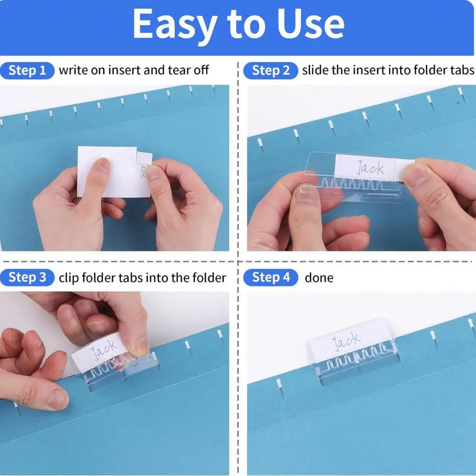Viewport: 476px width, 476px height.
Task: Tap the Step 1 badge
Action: click(x=28, y=71)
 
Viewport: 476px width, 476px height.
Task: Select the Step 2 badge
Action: click(x=271, y=71)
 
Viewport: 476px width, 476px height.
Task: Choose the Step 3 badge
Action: click(x=28, y=278)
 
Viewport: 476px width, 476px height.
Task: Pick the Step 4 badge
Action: click(x=271, y=278)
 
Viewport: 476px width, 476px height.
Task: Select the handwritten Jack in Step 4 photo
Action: click(x=346, y=341)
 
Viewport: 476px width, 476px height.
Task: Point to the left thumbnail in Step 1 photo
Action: click(x=100, y=165)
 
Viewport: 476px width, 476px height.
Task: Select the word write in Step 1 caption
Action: click(x=72, y=71)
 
